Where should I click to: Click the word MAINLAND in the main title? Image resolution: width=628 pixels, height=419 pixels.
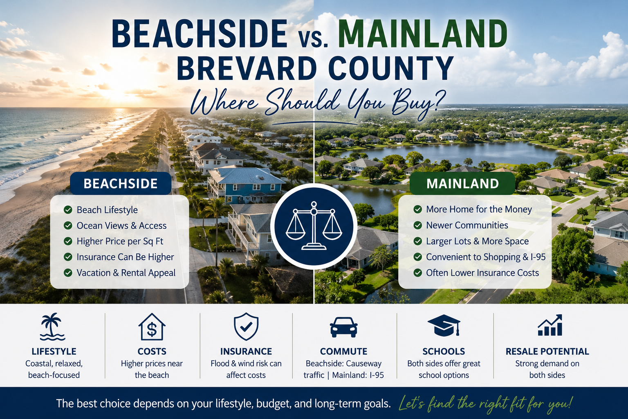coord(422,34)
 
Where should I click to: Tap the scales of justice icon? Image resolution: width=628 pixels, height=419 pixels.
coord(314,225)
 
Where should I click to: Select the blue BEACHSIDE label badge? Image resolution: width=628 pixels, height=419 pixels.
coord(121,184)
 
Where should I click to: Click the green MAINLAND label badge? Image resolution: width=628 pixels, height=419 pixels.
coord(462,184)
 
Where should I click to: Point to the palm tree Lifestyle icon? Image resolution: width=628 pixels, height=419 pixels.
coord(53,327)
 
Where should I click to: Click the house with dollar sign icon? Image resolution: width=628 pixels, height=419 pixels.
coord(152,327)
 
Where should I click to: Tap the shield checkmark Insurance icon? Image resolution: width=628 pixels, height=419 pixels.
coord(246,327)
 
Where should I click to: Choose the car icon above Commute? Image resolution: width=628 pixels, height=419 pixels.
coord(344,327)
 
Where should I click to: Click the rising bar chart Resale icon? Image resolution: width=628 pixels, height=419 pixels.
coord(550,325)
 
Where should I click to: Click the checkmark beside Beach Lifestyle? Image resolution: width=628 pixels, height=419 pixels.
coord(68,209)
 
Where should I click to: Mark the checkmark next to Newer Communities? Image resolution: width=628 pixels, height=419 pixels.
coord(418,225)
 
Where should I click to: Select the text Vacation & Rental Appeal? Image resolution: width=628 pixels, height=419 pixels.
coord(126,273)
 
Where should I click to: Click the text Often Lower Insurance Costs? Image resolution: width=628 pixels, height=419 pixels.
coord(482,273)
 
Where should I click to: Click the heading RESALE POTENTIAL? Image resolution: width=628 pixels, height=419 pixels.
coord(547,351)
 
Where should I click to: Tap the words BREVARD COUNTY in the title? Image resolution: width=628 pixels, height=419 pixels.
coord(315,68)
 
